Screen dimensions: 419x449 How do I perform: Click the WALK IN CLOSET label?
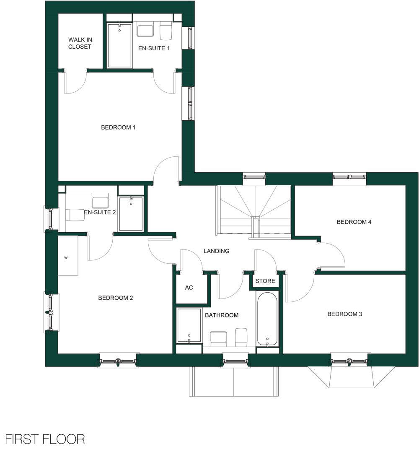point(80,43)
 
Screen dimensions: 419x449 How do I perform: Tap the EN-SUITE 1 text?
point(154,48)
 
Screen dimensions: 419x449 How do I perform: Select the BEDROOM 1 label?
point(118,127)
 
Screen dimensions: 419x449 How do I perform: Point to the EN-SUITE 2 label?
point(100,212)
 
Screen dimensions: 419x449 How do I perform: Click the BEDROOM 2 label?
point(116,298)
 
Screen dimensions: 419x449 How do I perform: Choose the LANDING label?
point(216,251)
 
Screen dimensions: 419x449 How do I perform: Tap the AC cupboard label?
point(189,288)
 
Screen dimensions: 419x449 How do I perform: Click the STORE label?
point(265,281)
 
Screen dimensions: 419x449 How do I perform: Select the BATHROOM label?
point(222,315)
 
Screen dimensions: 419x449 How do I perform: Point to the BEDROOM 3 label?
point(344,314)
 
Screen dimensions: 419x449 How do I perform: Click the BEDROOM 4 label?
point(354,222)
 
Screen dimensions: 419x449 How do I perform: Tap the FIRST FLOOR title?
point(45,439)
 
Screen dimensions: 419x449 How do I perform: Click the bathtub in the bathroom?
point(267,319)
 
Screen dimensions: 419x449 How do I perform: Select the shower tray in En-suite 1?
point(120,46)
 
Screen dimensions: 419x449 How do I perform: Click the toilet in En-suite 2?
point(75,215)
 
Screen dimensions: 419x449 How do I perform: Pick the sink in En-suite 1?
point(145,31)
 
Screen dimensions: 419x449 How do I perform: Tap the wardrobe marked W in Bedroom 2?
point(68,255)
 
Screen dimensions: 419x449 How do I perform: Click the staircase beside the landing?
point(254,210)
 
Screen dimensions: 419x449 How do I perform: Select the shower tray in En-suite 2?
point(131,214)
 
